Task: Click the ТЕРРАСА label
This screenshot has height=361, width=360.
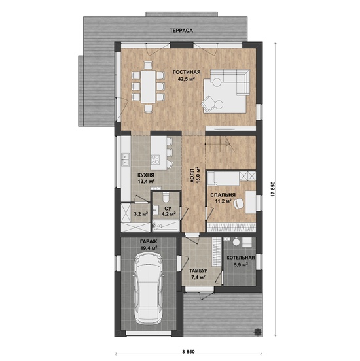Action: (x=181, y=31)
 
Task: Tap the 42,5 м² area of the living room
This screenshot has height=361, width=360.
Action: (x=187, y=79)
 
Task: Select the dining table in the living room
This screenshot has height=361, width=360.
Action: (x=148, y=86)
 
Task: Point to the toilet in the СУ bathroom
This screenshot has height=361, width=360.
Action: (x=166, y=197)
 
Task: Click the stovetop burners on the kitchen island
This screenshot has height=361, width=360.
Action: (x=155, y=159)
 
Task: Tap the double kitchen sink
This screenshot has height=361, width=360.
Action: (x=126, y=160)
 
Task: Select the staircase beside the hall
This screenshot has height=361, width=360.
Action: (x=220, y=145)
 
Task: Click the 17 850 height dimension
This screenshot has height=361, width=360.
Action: (x=273, y=189)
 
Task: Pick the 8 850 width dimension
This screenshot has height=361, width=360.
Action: (x=189, y=352)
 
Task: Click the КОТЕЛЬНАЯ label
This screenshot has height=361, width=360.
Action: (x=241, y=258)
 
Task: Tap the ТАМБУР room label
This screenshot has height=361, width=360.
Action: (x=198, y=271)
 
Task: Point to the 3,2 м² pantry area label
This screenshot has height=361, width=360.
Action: (x=141, y=213)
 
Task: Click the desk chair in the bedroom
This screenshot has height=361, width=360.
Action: (x=238, y=203)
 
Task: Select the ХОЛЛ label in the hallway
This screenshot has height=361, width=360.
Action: (x=192, y=179)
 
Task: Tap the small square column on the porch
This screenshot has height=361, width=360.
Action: (x=257, y=332)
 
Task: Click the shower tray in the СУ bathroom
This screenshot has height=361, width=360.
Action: (x=166, y=226)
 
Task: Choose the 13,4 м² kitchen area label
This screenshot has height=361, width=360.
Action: (x=146, y=181)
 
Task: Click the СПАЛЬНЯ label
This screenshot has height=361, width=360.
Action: (x=223, y=195)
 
